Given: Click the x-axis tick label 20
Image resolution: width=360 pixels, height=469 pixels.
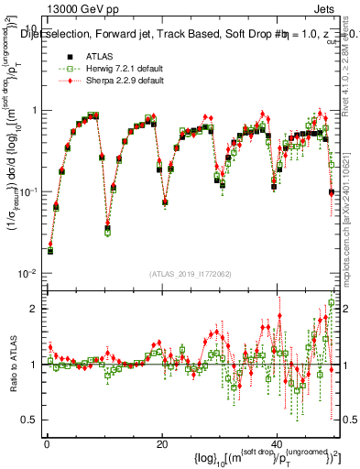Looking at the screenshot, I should click(x=161, y=444).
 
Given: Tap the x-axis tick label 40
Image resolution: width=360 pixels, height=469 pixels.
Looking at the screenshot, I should click(x=277, y=444).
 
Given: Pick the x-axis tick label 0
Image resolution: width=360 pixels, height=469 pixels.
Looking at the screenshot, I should click(x=46, y=444).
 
